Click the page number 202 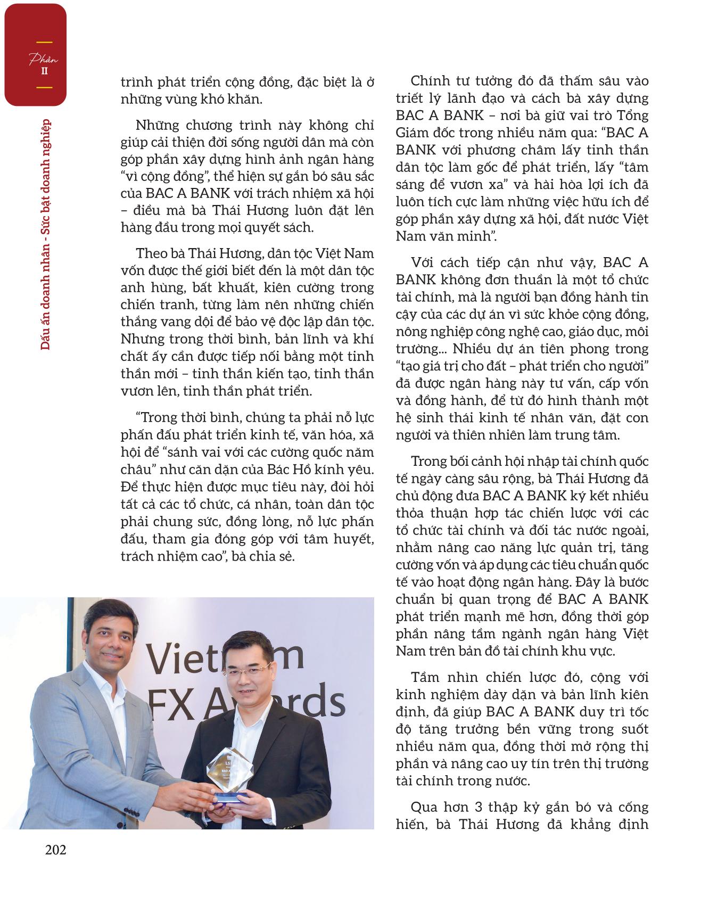click(x=55, y=850)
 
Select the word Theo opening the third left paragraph click(x=152, y=253)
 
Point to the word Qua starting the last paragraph click(x=425, y=807)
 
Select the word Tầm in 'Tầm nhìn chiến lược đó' click(x=426, y=677)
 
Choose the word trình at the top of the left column click(x=137, y=83)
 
